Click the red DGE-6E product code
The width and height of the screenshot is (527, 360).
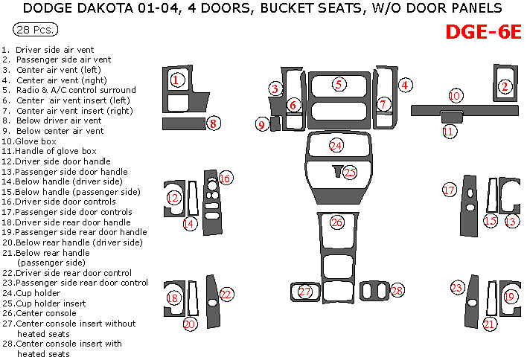(x=483, y=33)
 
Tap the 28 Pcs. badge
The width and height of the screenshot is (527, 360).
(x=36, y=31)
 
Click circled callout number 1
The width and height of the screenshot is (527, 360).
(x=176, y=80)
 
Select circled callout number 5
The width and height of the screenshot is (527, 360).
(x=339, y=84)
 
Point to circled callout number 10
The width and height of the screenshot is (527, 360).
(x=455, y=96)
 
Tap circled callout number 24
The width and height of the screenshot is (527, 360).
(x=337, y=145)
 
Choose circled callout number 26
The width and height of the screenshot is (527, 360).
(x=337, y=222)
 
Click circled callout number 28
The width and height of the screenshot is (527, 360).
(x=397, y=289)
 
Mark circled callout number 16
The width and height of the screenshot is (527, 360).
(x=225, y=178)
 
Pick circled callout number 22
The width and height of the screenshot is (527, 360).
(x=226, y=295)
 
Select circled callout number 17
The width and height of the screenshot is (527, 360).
(x=449, y=190)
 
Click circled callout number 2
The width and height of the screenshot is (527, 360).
(x=505, y=87)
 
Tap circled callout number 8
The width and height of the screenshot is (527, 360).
(x=214, y=123)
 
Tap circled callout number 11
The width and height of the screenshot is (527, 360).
(x=449, y=132)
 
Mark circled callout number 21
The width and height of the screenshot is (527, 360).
(x=489, y=324)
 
